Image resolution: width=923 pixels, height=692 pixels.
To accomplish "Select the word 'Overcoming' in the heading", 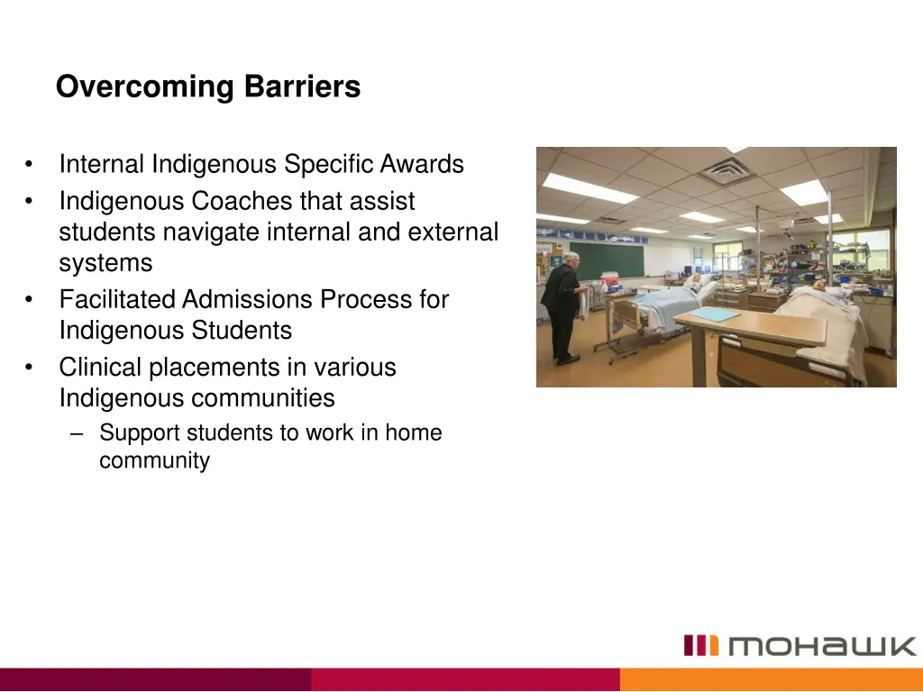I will click(144, 87).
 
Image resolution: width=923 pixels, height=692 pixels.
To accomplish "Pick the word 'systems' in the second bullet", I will click(105, 264).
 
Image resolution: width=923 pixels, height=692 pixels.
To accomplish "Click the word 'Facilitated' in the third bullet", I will click(118, 299).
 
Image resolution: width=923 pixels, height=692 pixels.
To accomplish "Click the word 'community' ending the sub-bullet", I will click(154, 461).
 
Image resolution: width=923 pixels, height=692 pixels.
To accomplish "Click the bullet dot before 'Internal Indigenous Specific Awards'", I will click(31, 166).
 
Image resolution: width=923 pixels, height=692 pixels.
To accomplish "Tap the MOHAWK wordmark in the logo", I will click(821, 646).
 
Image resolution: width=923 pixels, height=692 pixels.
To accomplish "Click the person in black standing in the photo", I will click(562, 306).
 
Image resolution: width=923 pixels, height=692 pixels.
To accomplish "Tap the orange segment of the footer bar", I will click(771, 679).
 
